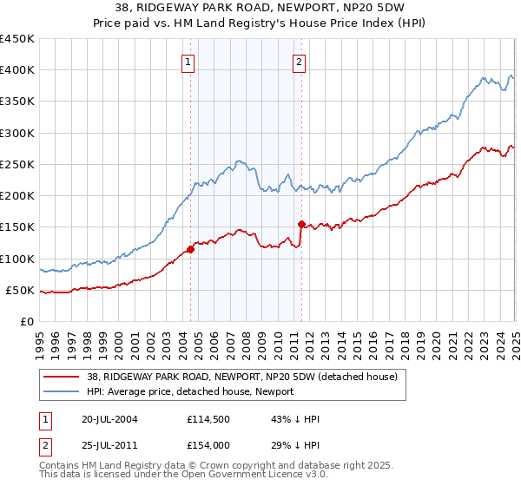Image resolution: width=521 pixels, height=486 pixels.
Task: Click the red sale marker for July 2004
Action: tap(190, 250)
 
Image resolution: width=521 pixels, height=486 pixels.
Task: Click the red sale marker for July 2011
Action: tap(301, 224)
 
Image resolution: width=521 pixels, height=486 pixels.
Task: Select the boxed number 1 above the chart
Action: tap(188, 62)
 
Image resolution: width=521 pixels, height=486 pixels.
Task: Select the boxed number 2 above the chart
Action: tap(299, 62)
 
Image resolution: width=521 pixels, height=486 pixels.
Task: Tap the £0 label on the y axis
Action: tap(26, 321)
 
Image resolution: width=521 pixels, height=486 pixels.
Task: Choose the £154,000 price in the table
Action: tap(206, 445)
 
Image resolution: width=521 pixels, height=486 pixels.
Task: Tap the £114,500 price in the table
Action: tap(206, 419)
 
